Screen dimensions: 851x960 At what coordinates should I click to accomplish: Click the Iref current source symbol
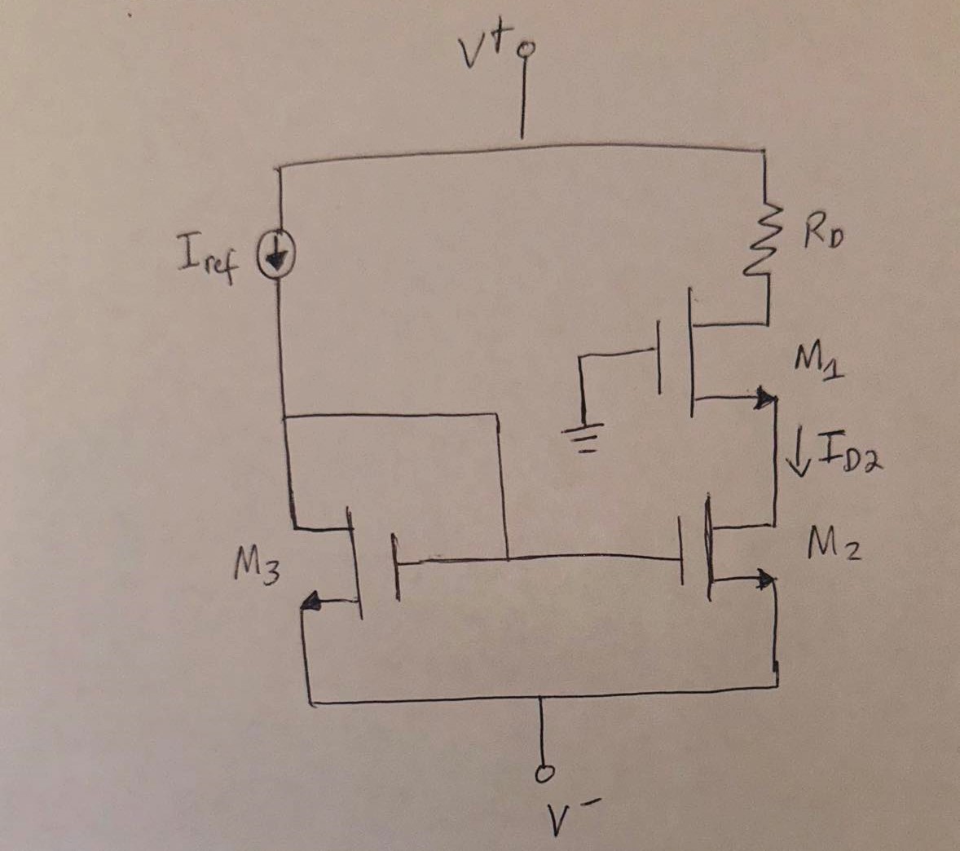pos(276,257)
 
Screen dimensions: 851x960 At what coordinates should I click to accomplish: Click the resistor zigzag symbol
pos(768,245)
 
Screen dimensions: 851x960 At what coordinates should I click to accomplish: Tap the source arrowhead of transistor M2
pos(764,579)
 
